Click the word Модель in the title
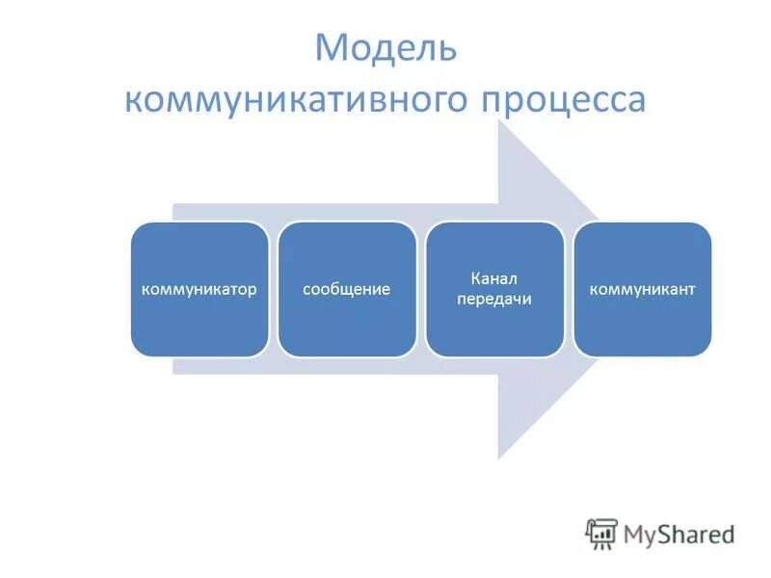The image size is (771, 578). coord(385,49)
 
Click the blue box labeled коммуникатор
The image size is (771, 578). coord(199,289)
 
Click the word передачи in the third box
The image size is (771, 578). coord(494,300)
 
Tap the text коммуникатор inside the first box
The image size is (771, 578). coord(199,289)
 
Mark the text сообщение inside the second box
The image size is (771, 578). coord(347,289)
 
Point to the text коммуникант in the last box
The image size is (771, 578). coord(642,289)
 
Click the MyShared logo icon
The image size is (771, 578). coord(601,534)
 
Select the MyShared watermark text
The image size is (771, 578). coord(679,534)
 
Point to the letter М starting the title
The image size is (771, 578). coord(331,49)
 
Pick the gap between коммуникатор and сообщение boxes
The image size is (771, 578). coord(274,289)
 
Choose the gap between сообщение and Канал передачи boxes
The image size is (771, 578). coord(421,289)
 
